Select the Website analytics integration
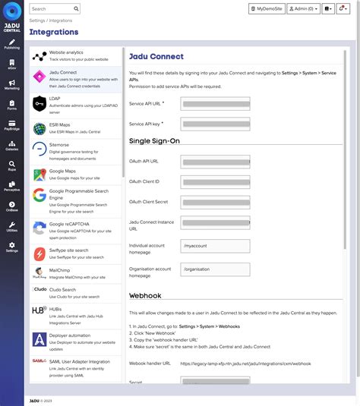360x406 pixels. click(x=76, y=55)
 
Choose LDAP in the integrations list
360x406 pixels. click(x=76, y=104)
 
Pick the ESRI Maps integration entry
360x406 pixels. click(x=76, y=127)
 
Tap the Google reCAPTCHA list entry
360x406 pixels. click(x=76, y=228)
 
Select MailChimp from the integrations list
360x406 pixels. click(x=76, y=273)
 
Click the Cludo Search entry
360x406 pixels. click(x=76, y=292)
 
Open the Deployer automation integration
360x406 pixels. click(x=76, y=338)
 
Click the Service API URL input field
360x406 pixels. click(x=215, y=104)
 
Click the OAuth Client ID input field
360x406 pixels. click(x=215, y=182)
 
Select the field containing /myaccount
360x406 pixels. click(x=215, y=246)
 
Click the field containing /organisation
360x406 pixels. click(x=215, y=269)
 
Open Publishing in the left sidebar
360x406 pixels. click(x=12, y=41)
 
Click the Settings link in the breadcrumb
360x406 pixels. click(x=39, y=21)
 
